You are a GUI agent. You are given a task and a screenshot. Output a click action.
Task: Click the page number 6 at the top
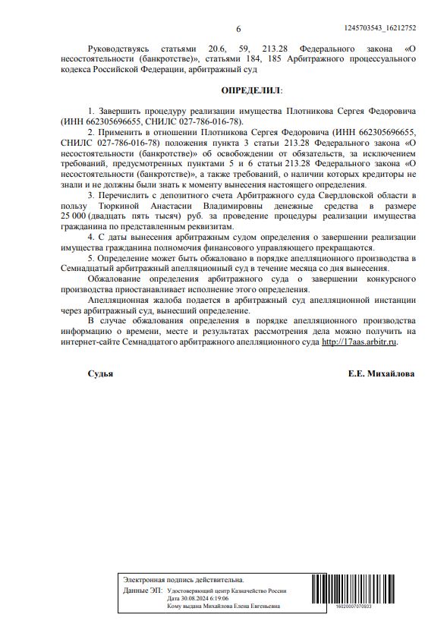[x=238, y=29]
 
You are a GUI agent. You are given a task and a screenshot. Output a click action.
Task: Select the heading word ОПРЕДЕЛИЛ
[x=248, y=90]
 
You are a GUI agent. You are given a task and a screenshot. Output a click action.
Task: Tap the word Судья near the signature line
[x=100, y=373]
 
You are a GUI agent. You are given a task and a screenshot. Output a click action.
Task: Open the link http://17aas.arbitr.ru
[x=360, y=342]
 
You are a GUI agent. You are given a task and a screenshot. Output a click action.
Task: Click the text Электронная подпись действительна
[x=184, y=579]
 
